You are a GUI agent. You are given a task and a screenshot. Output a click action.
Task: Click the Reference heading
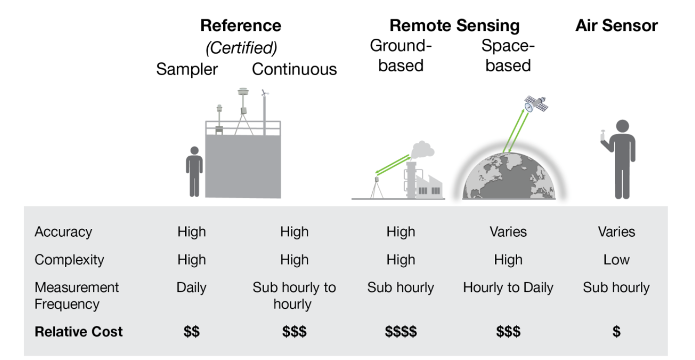click(241, 25)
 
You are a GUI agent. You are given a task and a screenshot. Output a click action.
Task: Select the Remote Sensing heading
click(454, 25)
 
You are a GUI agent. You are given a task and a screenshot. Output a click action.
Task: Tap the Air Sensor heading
click(616, 25)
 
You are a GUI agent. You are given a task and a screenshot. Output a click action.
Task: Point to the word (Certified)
click(241, 48)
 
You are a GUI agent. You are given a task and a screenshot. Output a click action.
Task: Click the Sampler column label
click(187, 69)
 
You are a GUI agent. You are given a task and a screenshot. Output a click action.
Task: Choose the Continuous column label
click(294, 69)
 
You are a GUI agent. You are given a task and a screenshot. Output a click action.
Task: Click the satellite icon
click(536, 104)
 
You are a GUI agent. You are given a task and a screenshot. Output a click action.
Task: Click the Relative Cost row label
click(78, 331)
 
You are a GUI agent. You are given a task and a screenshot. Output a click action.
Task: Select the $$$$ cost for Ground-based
click(401, 332)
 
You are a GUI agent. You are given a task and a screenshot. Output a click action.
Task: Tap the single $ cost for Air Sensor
click(616, 332)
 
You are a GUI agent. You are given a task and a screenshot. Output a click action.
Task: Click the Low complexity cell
click(616, 259)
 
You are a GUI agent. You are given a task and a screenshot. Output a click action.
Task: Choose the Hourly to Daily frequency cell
click(508, 287)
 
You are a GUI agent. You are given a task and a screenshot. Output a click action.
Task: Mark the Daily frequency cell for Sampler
click(191, 287)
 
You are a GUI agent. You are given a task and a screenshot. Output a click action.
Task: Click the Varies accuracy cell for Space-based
click(508, 232)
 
